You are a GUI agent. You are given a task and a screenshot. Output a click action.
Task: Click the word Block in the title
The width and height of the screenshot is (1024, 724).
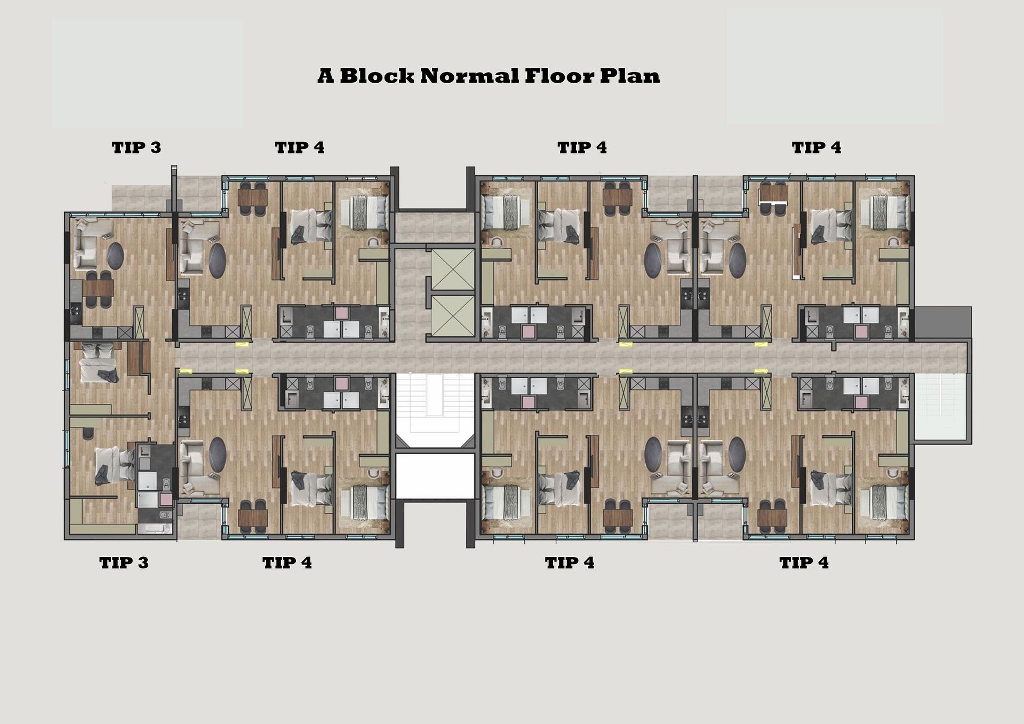tap(377, 75)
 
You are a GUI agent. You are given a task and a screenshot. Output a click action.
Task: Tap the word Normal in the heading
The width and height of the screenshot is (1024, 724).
tap(469, 75)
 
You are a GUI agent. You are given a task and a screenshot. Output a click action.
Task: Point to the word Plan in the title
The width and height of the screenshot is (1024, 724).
tap(630, 75)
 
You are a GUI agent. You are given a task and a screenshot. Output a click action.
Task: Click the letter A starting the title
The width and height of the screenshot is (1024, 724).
tap(326, 76)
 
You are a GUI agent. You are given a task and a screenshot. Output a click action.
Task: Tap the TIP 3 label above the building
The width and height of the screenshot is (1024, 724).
tap(137, 147)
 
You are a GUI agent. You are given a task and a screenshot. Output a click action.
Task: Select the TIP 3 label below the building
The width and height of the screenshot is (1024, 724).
tap(124, 562)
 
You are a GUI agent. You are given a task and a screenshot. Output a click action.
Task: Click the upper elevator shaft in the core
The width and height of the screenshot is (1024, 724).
tap(452, 269)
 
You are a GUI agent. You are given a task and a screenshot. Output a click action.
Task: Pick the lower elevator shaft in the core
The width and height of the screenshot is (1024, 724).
tap(452, 315)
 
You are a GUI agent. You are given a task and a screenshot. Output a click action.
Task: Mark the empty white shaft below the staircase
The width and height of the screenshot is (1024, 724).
tap(435, 476)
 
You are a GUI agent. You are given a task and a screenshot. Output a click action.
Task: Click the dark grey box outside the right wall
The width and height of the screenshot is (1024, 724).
tap(943, 322)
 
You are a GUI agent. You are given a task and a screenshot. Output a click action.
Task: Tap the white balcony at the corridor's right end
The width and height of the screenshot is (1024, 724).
tap(941, 407)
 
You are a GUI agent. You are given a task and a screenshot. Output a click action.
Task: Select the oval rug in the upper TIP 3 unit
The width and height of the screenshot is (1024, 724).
tap(116, 256)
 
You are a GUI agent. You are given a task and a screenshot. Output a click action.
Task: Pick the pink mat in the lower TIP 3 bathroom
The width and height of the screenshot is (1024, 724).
tap(166, 499)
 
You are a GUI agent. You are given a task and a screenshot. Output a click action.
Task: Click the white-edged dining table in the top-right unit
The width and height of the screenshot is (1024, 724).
tap(773, 195)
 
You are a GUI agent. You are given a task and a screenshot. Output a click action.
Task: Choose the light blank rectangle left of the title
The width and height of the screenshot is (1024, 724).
tap(147, 74)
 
